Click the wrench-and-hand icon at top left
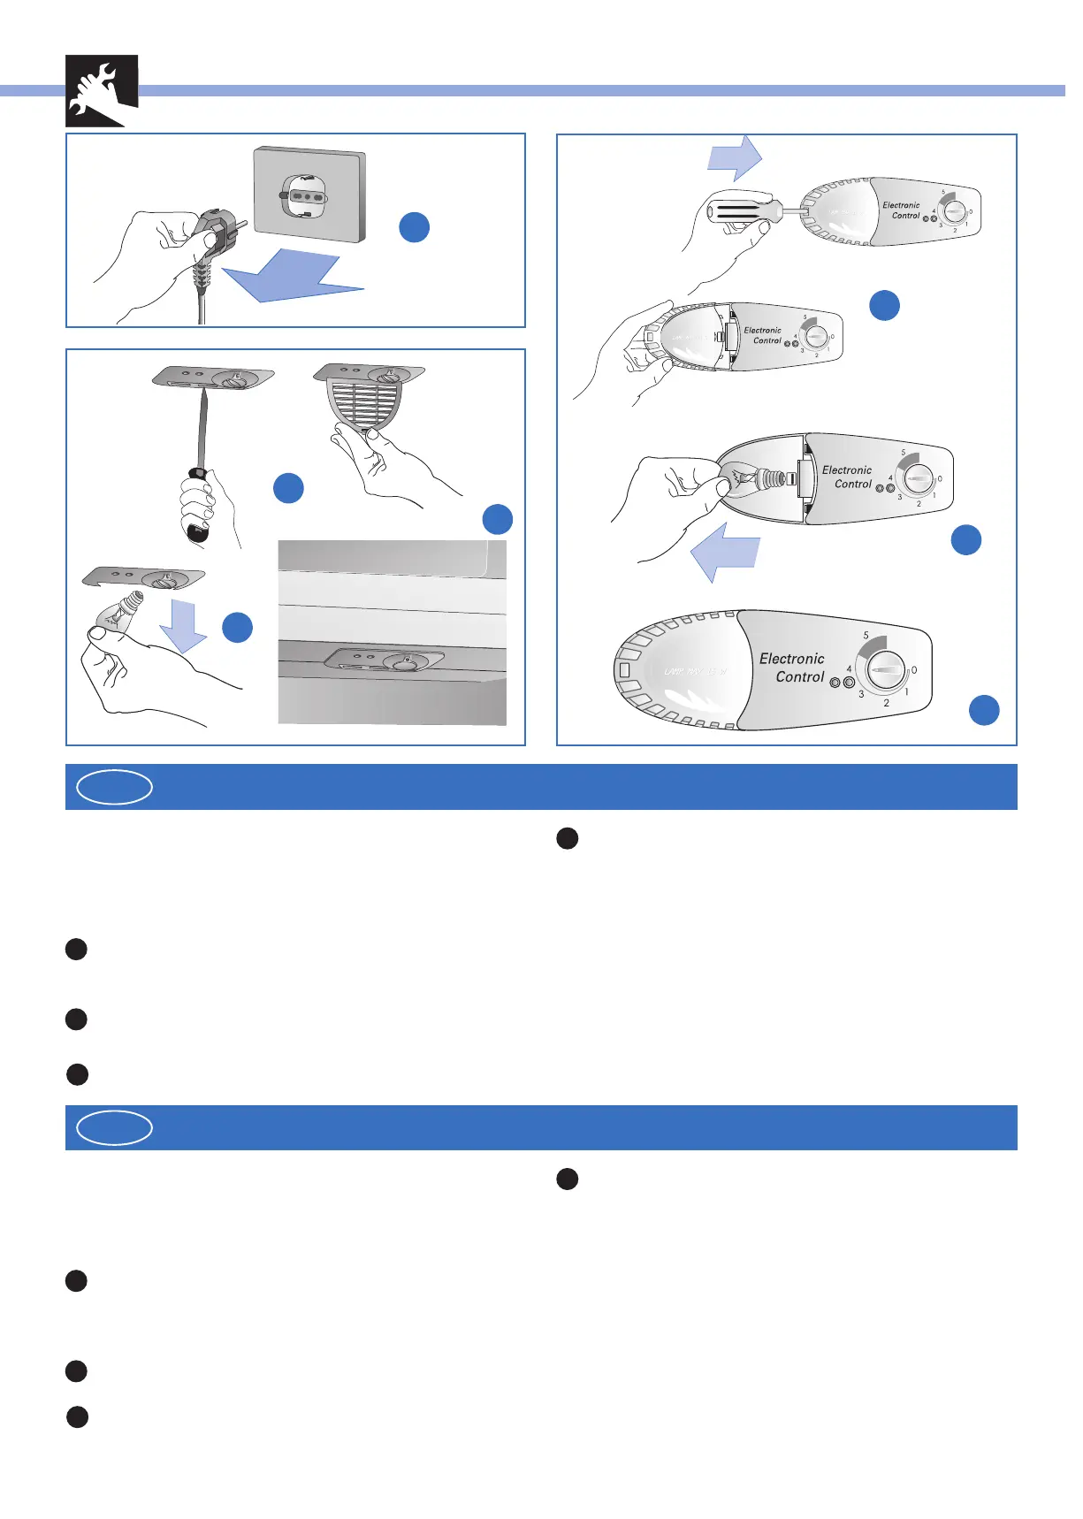pyautogui.click(x=101, y=90)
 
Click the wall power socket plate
pyautogui.click(x=310, y=195)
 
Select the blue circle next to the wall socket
pyautogui.click(x=415, y=227)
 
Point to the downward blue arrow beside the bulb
pyautogui.click(x=184, y=624)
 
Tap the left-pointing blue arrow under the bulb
pyautogui.click(x=724, y=553)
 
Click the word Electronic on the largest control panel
pyautogui.click(x=791, y=659)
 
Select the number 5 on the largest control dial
pyautogui.click(x=866, y=636)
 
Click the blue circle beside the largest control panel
pyautogui.click(x=984, y=710)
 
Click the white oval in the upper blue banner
pyautogui.click(x=115, y=787)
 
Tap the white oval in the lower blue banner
pyautogui.click(x=115, y=1127)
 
